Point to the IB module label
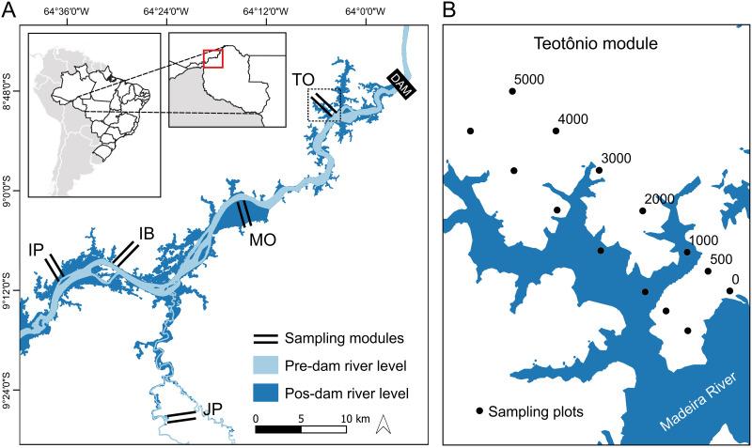pos(146,231)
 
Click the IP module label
pos(37,251)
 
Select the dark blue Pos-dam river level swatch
pos(273,392)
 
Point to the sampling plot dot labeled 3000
pos(599,170)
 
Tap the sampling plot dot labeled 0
pos(729,291)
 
